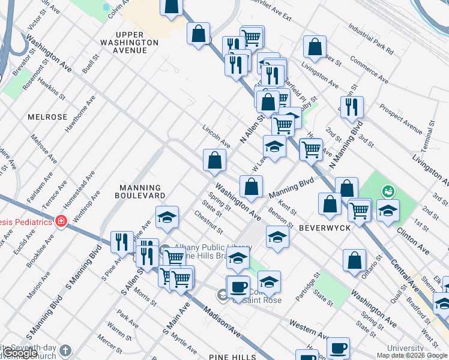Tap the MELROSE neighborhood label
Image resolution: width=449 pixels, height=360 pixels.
[47, 117]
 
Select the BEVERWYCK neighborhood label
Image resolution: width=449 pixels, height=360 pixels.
[321, 228]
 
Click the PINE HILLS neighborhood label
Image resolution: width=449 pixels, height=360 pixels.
[232, 357]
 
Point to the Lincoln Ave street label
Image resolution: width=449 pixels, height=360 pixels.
[217, 136]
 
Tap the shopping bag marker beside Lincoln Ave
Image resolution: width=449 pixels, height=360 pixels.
[214, 160]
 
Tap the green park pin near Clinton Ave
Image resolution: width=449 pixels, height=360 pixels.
[389, 191]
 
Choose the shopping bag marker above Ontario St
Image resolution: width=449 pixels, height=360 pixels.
[355, 260]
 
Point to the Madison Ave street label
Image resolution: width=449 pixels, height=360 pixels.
[222, 323]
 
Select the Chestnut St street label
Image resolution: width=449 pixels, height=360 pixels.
[208, 223]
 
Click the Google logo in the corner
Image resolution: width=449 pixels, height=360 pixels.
[21, 353]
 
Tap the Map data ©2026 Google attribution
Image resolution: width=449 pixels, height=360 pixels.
[412, 355]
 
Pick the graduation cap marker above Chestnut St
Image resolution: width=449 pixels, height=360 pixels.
[167, 217]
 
